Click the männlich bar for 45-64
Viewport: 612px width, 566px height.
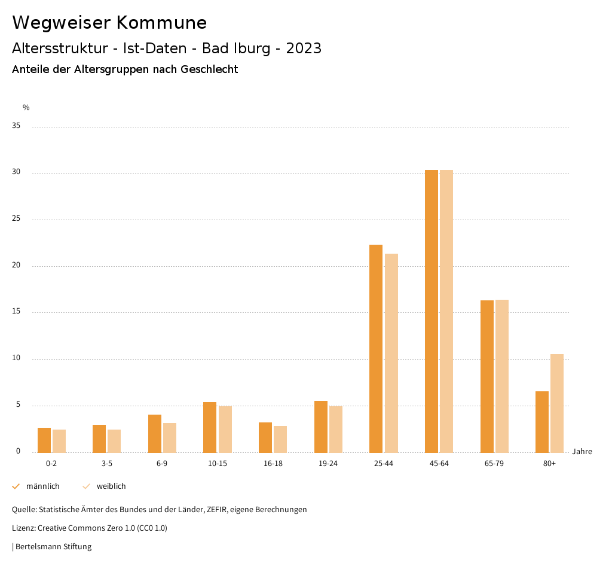pos(432,311)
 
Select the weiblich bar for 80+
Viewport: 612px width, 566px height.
pos(557,403)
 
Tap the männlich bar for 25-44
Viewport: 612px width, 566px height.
pos(376,348)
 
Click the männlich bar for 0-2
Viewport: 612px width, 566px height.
pos(44,440)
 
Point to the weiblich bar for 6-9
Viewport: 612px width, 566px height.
pos(170,438)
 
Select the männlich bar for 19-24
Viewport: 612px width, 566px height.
pos(321,427)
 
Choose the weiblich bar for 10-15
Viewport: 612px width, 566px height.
pos(225,429)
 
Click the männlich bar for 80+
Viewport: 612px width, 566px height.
pos(542,422)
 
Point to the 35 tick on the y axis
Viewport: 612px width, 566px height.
pos(16,126)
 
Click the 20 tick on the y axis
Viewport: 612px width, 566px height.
pos(16,266)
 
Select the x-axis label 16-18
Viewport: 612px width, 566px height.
pos(273,464)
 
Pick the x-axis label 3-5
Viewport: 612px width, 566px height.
pos(107,464)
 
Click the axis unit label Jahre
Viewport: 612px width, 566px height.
pos(582,452)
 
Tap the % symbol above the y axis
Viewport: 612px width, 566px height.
pos(26,108)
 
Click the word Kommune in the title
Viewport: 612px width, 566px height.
pos(161,23)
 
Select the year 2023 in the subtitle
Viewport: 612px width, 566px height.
pos(304,48)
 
